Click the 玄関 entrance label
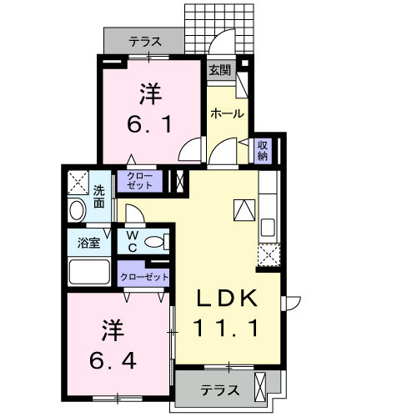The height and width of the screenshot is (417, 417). [x=220, y=70]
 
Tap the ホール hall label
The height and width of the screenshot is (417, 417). [x=226, y=113]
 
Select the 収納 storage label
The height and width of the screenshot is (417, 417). [x=262, y=150]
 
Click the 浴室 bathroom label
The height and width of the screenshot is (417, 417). [x=89, y=244]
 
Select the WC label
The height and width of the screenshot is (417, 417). [x=133, y=242]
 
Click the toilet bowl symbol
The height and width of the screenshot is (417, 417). [x=155, y=243]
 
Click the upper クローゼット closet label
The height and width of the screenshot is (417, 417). [x=139, y=181]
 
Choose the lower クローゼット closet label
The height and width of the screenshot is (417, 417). [x=144, y=276]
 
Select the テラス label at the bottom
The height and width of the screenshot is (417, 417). [x=220, y=389]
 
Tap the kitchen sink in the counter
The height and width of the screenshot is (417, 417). [x=269, y=227]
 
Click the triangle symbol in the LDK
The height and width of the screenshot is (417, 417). [x=244, y=211]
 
